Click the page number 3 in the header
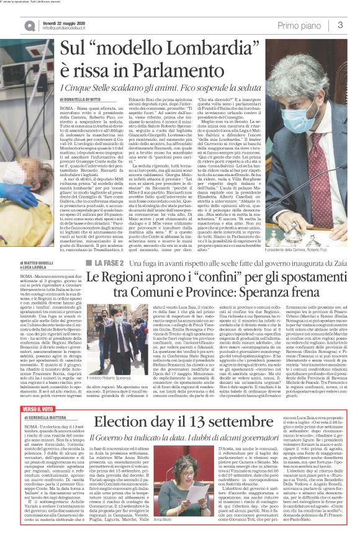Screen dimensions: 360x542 (x=340, y=25)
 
